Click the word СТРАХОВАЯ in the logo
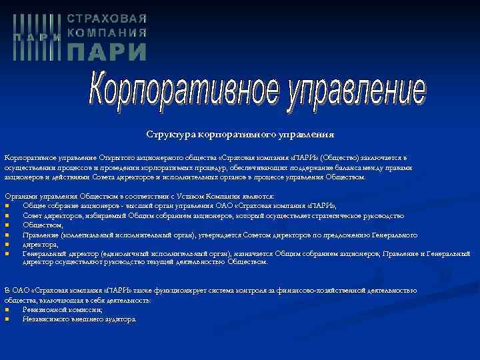[107, 19]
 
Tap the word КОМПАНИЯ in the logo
[107, 33]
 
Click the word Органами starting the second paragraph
[21, 197]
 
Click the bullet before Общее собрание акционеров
[7, 206]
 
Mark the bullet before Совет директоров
[7, 216]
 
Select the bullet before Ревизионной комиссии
[7, 309]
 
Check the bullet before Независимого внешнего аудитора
[7, 319]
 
